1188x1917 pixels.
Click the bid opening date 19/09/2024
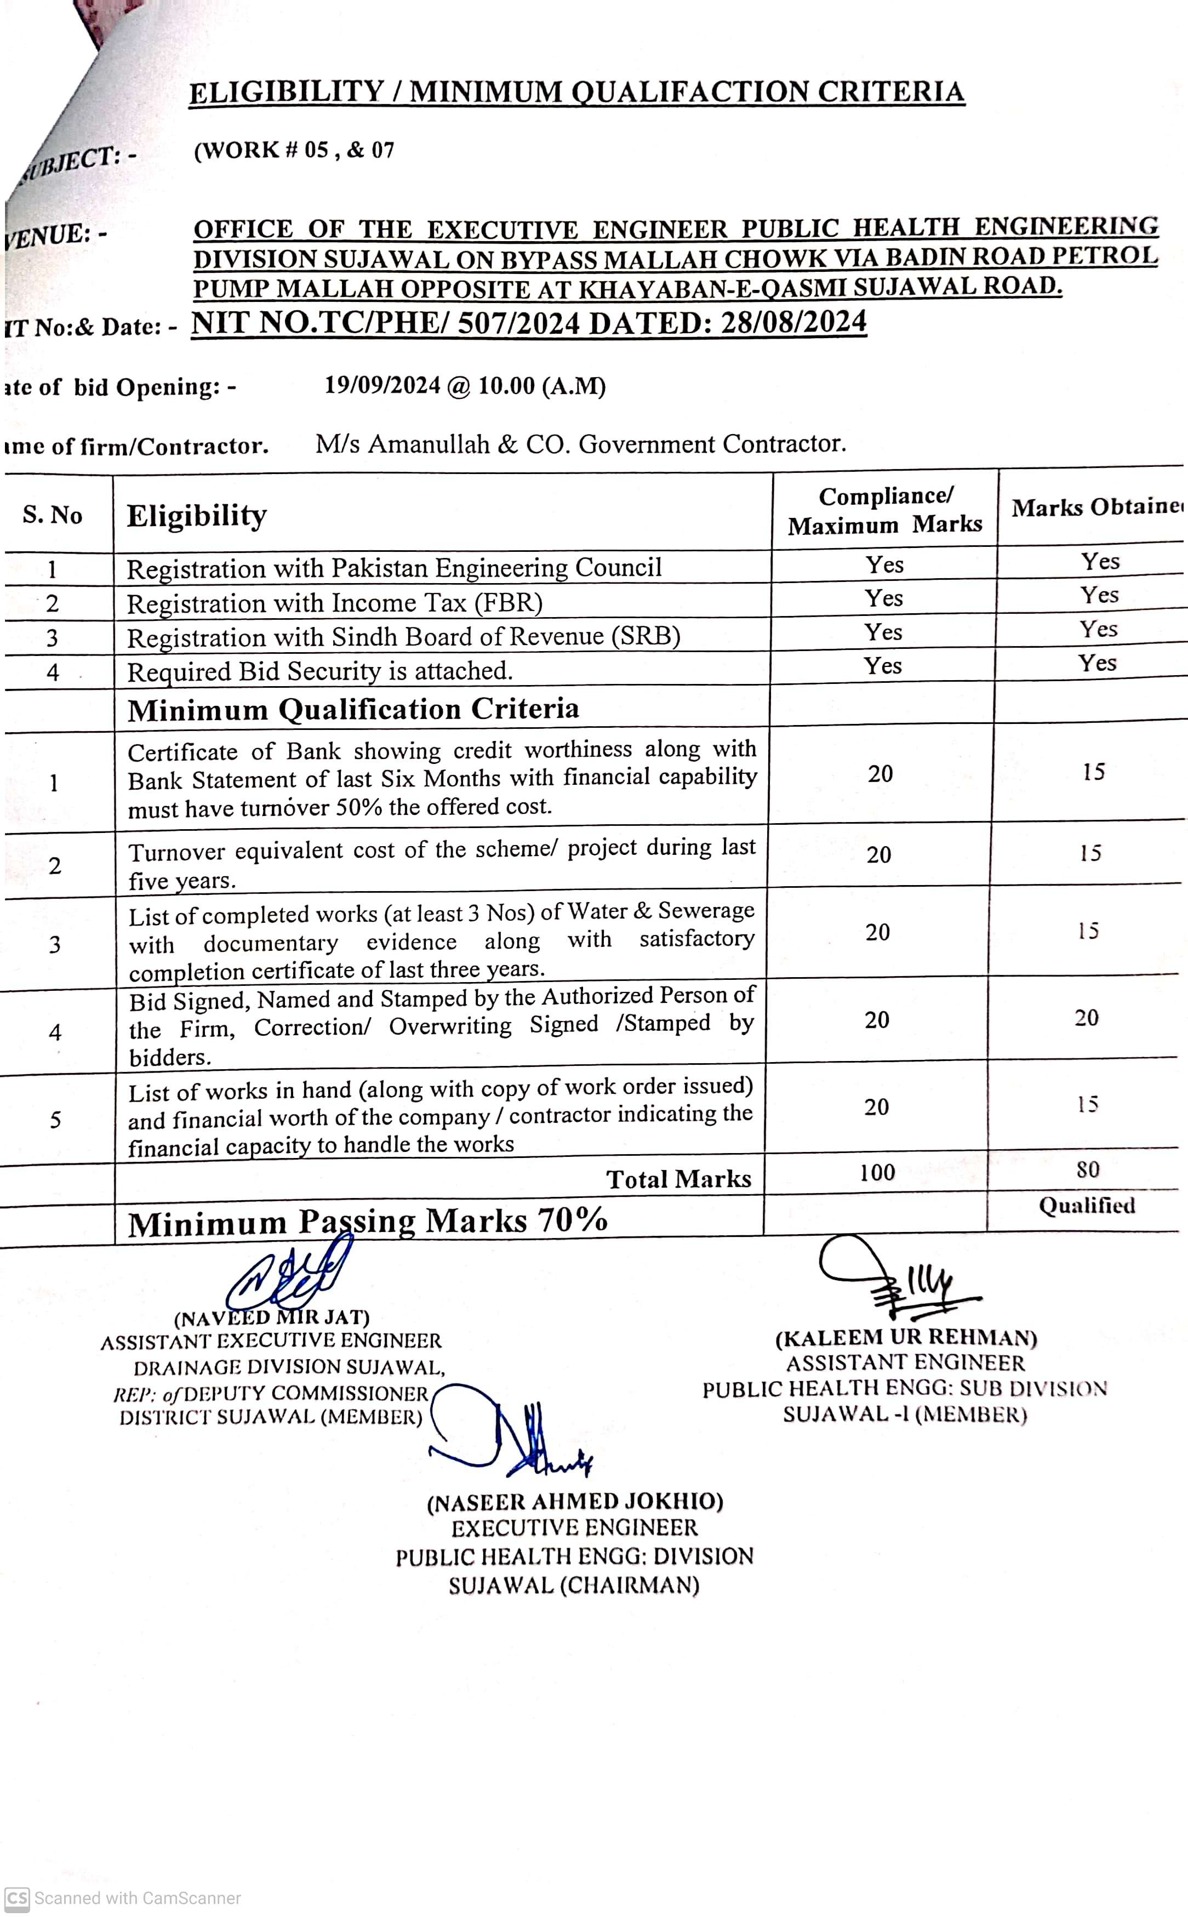pyautogui.click(x=382, y=386)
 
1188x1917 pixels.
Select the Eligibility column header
pyautogui.click(x=197, y=516)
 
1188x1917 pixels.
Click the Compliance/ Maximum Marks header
pyautogui.click(x=885, y=511)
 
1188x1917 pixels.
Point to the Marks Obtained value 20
pyautogui.click(x=1087, y=1018)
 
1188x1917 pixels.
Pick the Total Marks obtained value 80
pyautogui.click(x=1087, y=1170)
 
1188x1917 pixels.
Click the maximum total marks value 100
pyautogui.click(x=877, y=1172)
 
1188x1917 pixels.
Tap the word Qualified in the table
pyautogui.click(x=1087, y=1206)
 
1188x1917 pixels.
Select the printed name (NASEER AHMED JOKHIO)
pyautogui.click(x=574, y=1502)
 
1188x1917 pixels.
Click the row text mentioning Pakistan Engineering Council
pyautogui.click(x=393, y=568)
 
